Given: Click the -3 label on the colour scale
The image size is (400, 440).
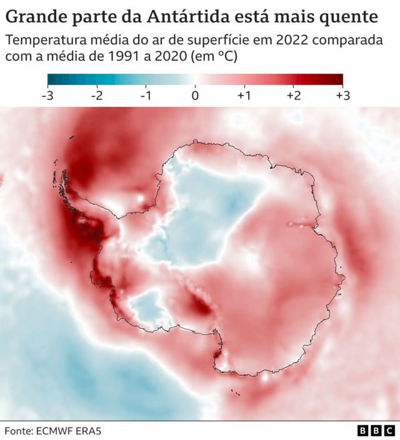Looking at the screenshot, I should pyautogui.click(x=47, y=96).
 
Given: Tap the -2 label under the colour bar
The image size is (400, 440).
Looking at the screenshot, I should pyautogui.click(x=96, y=96).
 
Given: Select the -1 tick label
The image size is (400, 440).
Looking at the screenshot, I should pyautogui.click(x=146, y=96).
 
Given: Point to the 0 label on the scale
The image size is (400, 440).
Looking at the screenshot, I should pyautogui.click(x=195, y=96).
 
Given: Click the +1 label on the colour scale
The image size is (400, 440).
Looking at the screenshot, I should pyautogui.click(x=243, y=96).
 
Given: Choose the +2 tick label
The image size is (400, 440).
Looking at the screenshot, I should pyautogui.click(x=292, y=96).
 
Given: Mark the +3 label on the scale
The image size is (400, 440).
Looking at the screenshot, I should pyautogui.click(x=342, y=96).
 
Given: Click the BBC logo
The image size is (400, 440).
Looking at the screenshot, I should pyautogui.click(x=376, y=431).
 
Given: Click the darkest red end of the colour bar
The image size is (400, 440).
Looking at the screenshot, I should pyautogui.click(x=338, y=79).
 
